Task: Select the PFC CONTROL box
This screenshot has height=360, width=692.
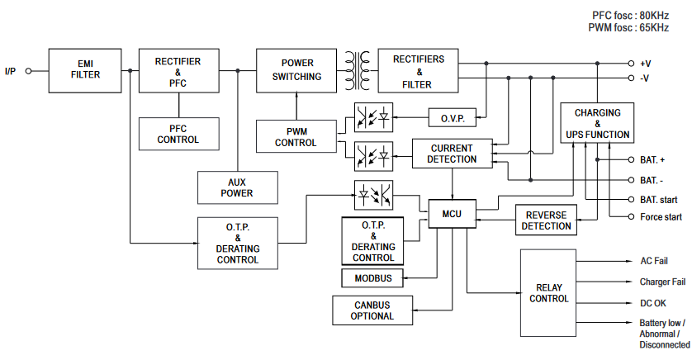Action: (x=178, y=135)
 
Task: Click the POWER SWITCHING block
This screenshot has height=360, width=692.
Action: (x=297, y=69)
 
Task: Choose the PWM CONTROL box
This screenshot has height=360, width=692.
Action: (x=296, y=137)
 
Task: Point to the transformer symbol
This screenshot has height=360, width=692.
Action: (x=358, y=70)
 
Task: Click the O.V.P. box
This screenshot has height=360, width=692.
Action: (x=453, y=119)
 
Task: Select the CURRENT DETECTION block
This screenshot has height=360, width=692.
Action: (x=452, y=154)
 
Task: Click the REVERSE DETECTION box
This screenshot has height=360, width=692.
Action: (x=547, y=220)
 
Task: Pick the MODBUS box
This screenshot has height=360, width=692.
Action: (x=373, y=278)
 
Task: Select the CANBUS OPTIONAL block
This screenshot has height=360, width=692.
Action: (x=372, y=310)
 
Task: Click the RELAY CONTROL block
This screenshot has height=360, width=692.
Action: (x=549, y=293)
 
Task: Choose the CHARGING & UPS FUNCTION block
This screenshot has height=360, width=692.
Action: (x=598, y=123)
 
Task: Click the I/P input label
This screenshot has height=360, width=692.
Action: (x=10, y=71)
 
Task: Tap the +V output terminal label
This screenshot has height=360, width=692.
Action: (x=645, y=63)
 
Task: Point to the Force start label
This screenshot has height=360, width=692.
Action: (x=661, y=217)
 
